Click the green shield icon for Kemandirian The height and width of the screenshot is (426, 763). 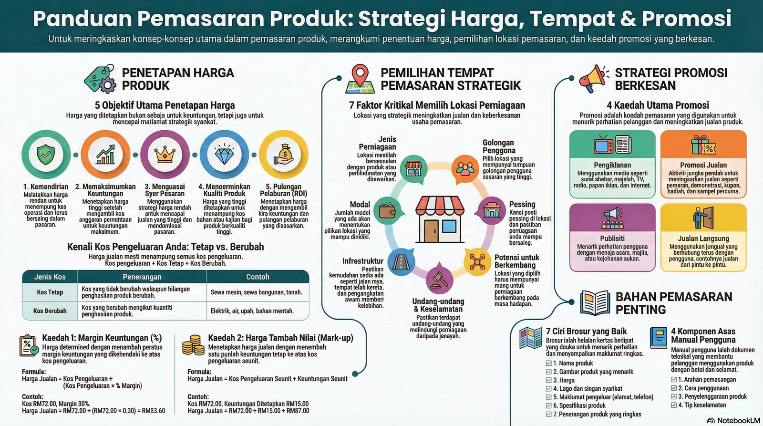(46, 155)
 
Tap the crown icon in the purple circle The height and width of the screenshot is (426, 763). (165, 155)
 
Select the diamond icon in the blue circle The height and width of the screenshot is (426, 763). (224, 155)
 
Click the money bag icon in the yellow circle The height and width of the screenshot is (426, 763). (284, 155)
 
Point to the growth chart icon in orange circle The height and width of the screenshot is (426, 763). (105, 155)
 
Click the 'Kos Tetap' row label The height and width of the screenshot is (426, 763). (50, 292)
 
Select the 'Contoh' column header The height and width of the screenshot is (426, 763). (258, 277)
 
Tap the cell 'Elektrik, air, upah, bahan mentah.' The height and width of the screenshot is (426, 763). (252, 311)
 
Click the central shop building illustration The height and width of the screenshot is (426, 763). (439, 219)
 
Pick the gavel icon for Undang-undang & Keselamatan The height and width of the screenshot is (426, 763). (439, 280)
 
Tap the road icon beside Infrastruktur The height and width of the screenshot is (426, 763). (401, 261)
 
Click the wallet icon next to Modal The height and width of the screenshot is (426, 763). (387, 210)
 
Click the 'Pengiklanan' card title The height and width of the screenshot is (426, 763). (612, 165)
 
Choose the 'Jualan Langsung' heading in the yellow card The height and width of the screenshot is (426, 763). (703, 239)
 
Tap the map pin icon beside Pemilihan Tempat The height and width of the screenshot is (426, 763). (360, 79)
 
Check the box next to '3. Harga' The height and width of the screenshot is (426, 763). (549, 380)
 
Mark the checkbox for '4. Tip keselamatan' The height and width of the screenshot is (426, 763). (674, 405)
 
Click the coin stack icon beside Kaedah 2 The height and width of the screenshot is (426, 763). (193, 345)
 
